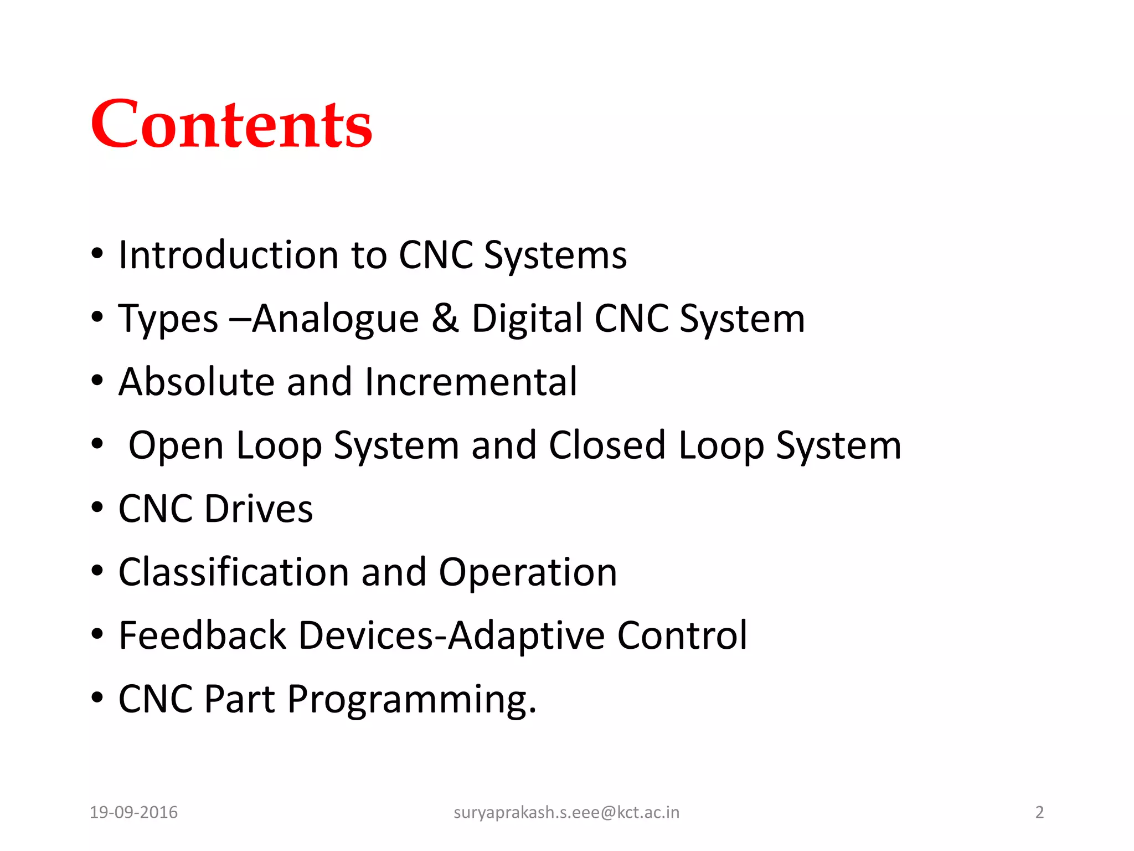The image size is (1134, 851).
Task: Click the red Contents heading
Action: pyautogui.click(x=231, y=124)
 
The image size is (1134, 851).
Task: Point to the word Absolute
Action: pyautogui.click(x=197, y=382)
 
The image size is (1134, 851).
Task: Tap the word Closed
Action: pyautogui.click(x=607, y=445)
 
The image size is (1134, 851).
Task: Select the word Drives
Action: pyautogui.click(x=259, y=509)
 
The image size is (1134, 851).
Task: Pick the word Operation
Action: pyautogui.click(x=528, y=573)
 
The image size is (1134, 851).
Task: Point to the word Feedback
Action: pyautogui.click(x=202, y=635)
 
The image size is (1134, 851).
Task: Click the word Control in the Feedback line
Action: pyautogui.click(x=682, y=635)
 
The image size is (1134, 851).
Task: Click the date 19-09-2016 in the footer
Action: pyautogui.click(x=133, y=812)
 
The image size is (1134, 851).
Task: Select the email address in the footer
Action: pyautogui.click(x=566, y=812)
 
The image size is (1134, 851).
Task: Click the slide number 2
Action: pyautogui.click(x=1039, y=812)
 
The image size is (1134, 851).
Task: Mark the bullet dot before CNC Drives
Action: pyautogui.click(x=97, y=507)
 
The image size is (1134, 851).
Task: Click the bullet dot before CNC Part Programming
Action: pyautogui.click(x=97, y=698)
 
